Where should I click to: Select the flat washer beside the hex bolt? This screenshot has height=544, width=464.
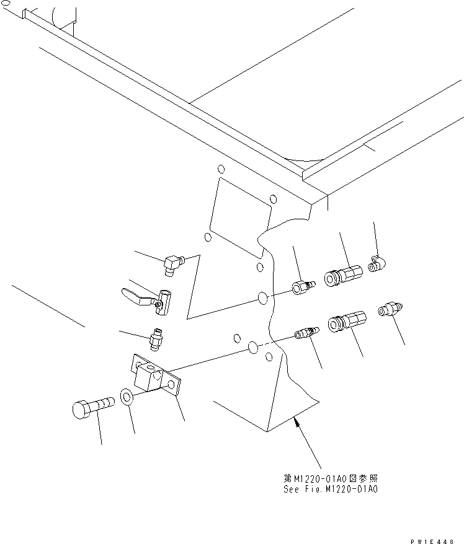click(x=125, y=397)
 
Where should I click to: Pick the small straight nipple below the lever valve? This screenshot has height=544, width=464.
click(x=156, y=338)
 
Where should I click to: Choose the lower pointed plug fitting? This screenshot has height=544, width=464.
click(x=306, y=333)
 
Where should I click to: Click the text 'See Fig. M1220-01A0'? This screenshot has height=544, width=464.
click(x=329, y=489)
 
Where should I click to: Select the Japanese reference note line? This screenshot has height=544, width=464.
click(x=329, y=479)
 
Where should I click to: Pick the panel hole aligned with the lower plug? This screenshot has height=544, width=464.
click(x=252, y=348)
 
